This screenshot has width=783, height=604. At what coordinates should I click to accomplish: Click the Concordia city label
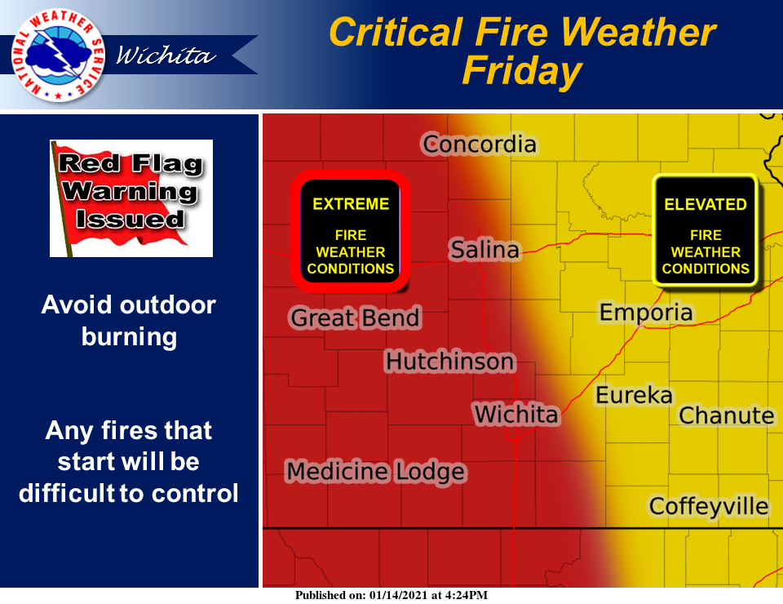[480, 144]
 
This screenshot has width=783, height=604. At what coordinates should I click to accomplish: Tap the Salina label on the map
[484, 249]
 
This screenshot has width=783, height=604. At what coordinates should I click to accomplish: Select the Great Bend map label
[355, 318]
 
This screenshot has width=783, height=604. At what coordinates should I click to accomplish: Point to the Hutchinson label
[449, 362]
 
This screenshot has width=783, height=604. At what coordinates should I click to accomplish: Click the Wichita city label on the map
[515, 414]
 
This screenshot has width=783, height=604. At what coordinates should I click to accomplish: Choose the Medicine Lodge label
[376, 472]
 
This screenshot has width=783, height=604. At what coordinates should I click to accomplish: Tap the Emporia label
[646, 313]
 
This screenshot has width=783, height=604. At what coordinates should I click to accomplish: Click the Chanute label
[727, 415]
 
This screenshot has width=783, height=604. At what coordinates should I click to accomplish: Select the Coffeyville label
[709, 506]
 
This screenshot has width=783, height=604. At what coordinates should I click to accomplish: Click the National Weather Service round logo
[58, 55]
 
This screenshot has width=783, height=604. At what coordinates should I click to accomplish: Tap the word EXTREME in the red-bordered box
[351, 204]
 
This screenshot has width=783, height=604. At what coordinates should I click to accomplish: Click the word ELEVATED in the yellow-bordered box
[705, 204]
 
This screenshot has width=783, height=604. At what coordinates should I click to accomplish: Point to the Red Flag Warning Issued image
[131, 198]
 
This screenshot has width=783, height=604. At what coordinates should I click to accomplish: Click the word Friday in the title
[522, 71]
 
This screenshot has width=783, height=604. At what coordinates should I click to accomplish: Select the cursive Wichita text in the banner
[166, 55]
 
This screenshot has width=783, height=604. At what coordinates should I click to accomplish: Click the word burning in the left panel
[130, 337]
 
